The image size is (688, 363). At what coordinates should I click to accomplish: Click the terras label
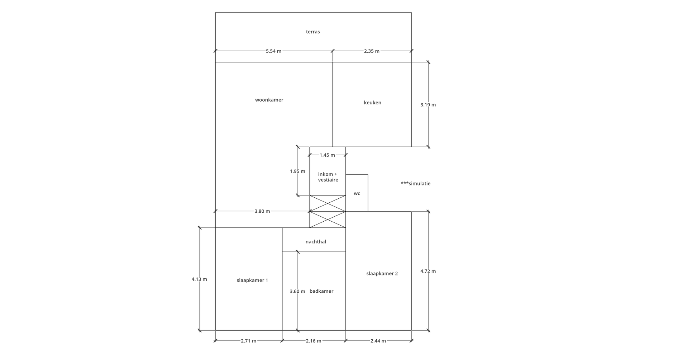[x=313, y=32]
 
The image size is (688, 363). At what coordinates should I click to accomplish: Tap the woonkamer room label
[x=269, y=100]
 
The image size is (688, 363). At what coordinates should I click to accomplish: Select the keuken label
[x=372, y=103]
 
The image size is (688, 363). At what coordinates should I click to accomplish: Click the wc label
[x=357, y=194]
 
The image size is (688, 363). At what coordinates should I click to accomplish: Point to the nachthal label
[x=316, y=242]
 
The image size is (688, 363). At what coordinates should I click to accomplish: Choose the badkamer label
[x=321, y=291]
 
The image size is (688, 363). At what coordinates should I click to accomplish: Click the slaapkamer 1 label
[x=252, y=280]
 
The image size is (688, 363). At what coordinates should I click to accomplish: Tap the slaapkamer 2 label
[x=382, y=274]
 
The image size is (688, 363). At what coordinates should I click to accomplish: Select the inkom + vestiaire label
[x=328, y=177]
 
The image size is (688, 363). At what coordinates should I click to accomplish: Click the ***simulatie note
[x=416, y=184]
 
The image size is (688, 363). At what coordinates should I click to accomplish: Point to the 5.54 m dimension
[x=273, y=51]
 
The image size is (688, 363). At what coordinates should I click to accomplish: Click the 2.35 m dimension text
[x=372, y=51]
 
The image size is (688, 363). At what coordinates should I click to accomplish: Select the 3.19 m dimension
[x=428, y=105]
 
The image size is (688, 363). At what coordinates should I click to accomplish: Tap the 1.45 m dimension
[x=327, y=155]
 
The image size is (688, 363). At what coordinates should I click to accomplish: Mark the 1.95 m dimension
[x=297, y=171]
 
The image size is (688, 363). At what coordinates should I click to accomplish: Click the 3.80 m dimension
[x=262, y=212]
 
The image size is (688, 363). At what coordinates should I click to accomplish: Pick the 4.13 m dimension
[x=199, y=279]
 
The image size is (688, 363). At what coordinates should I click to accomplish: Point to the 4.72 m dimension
[x=428, y=272]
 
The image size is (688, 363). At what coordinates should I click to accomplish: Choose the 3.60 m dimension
[x=297, y=292]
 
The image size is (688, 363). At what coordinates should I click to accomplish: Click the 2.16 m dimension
[x=314, y=341]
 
